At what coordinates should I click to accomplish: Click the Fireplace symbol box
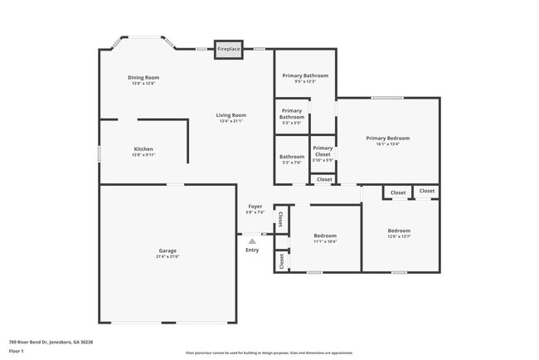tap(229, 50)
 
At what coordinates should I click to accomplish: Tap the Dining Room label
tap(143, 77)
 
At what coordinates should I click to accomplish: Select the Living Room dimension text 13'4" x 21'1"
tap(232, 121)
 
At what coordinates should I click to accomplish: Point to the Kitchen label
tap(143, 149)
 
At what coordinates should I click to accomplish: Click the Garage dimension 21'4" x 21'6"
tap(168, 256)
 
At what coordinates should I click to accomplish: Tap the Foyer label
tap(255, 206)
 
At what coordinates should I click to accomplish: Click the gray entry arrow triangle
tap(252, 241)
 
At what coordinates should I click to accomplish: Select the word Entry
tap(252, 250)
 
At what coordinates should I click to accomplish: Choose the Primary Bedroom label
tap(388, 138)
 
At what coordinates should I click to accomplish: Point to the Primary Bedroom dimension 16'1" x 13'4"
tap(388, 144)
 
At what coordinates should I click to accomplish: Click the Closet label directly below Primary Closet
tap(324, 179)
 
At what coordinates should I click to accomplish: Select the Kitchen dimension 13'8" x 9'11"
tap(143, 155)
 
